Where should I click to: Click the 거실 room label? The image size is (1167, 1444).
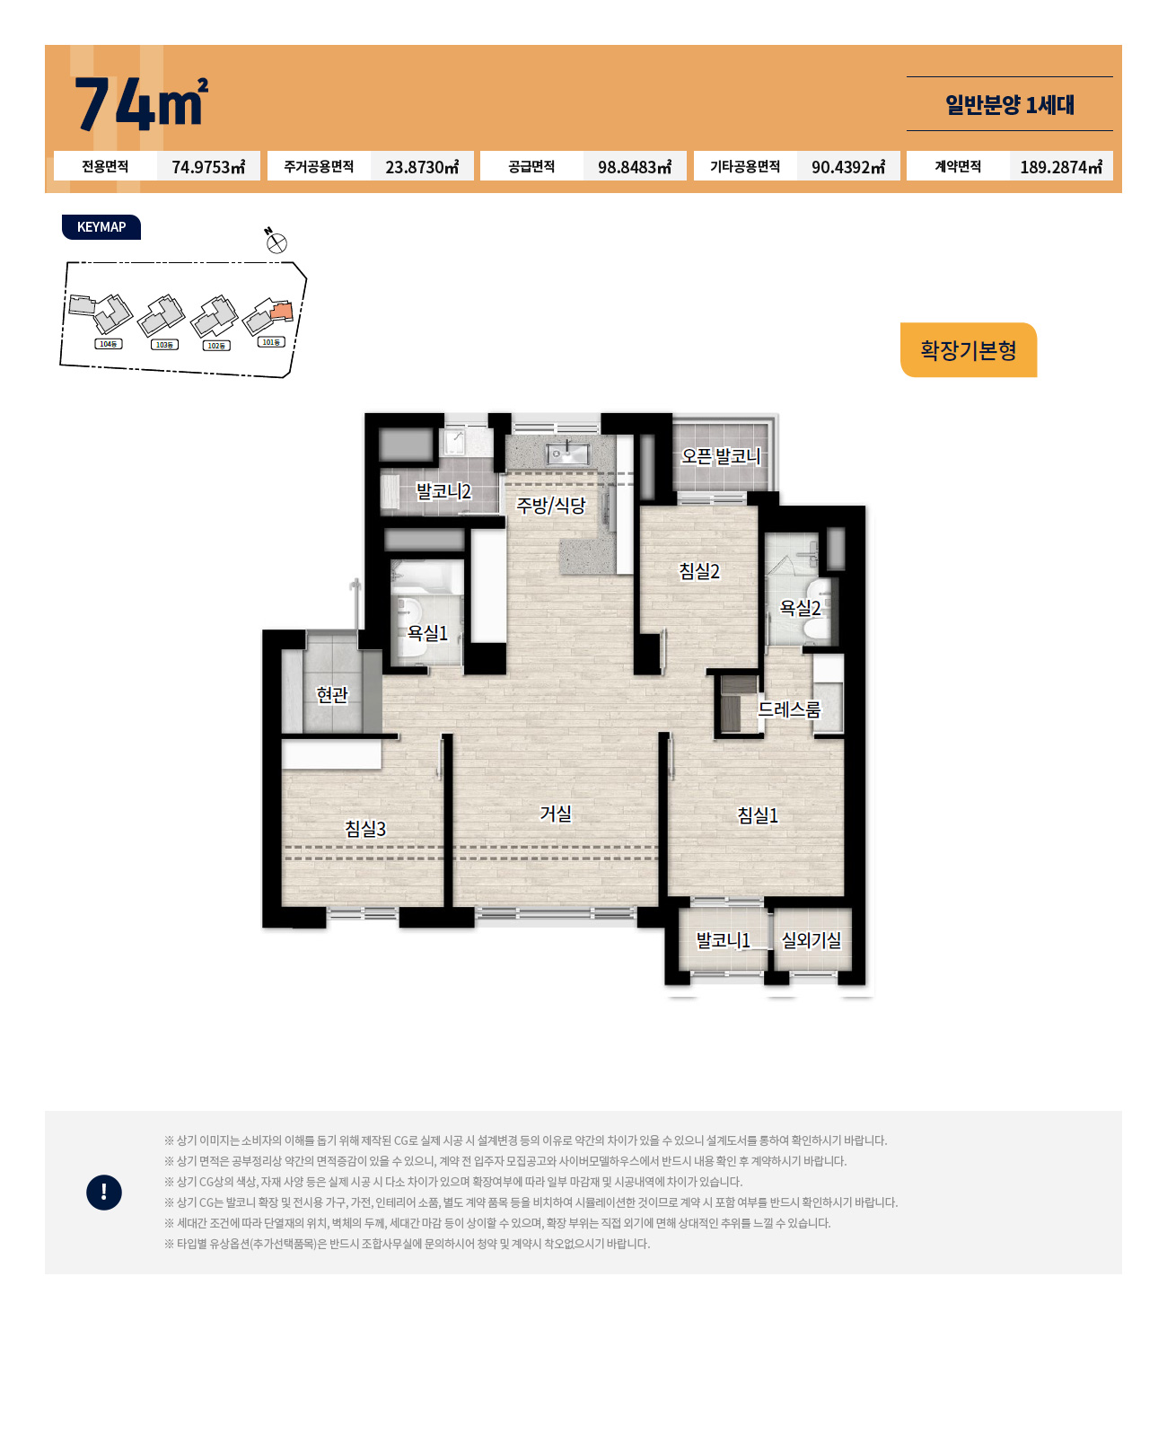point(556,813)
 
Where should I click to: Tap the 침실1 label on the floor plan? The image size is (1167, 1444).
point(758,814)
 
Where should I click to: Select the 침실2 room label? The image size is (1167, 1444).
point(699,571)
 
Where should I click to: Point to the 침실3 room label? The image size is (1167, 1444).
point(365,829)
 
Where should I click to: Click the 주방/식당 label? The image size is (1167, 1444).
point(551,505)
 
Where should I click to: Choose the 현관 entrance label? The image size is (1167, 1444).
point(332,694)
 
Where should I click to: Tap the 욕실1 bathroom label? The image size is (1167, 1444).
point(427,632)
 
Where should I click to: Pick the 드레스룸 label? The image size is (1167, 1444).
point(789,709)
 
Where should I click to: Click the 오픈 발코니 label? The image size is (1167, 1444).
point(721,456)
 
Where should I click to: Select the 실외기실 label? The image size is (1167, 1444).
point(812,940)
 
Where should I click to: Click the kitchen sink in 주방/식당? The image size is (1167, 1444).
point(568,453)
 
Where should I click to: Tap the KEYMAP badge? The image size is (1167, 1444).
point(101,227)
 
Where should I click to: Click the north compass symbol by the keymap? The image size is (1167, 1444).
point(276,242)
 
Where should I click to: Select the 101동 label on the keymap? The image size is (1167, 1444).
point(271,342)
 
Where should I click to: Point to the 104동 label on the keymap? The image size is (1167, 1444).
point(109,345)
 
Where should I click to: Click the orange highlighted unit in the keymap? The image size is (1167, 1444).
point(282,312)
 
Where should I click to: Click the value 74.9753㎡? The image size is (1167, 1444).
point(208,167)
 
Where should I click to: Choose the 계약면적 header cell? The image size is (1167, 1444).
point(958,166)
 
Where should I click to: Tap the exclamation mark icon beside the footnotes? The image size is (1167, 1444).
point(104,1193)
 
